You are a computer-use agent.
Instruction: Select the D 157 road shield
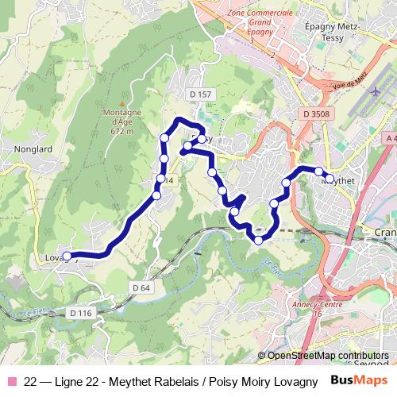point(202,94)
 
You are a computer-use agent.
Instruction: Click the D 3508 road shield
point(316,114)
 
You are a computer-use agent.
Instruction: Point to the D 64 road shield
point(141,287)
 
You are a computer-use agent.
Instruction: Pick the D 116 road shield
point(81,313)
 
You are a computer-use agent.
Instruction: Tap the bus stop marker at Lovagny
point(68,256)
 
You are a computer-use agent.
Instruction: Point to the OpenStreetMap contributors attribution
point(328,356)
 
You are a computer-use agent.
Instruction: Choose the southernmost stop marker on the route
point(258,240)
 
